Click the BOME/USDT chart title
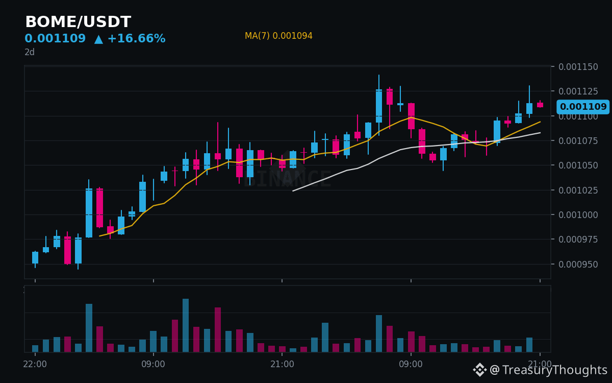click(78, 22)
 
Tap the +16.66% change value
click(137, 38)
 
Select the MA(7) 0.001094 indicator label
click(278, 36)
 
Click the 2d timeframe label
click(30, 52)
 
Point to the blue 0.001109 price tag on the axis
click(583, 106)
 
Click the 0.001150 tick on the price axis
click(578, 67)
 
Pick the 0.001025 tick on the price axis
click(578, 190)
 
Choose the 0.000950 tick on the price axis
click(578, 265)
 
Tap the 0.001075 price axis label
click(578, 141)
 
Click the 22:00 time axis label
click(35, 364)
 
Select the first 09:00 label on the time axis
click(154, 364)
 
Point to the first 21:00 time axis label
click(282, 364)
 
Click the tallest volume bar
click(186, 325)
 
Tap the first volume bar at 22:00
click(35, 348)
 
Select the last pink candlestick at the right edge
click(540, 105)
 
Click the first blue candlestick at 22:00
click(35, 257)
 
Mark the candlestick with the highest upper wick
click(379, 106)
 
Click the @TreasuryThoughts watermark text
click(549, 370)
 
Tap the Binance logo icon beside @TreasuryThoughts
click(480, 370)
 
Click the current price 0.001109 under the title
click(55, 38)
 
